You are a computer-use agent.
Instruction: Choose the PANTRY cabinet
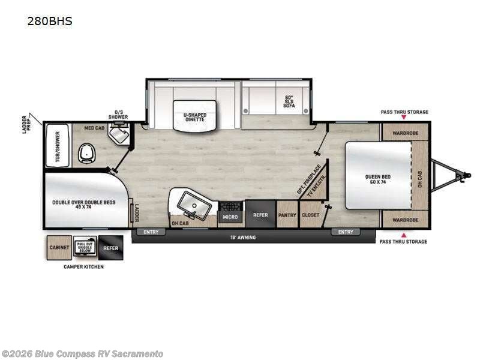[287, 214]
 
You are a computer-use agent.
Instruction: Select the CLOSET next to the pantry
[310, 214]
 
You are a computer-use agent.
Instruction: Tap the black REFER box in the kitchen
[260, 215]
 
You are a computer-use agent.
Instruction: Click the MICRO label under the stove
[230, 217]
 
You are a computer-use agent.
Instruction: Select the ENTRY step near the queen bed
[346, 232]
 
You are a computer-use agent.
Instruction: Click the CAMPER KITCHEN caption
[83, 266]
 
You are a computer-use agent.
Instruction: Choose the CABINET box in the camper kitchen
[59, 247]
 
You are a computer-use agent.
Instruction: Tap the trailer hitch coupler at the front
[461, 175]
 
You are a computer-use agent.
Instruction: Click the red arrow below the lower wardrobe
[403, 235]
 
